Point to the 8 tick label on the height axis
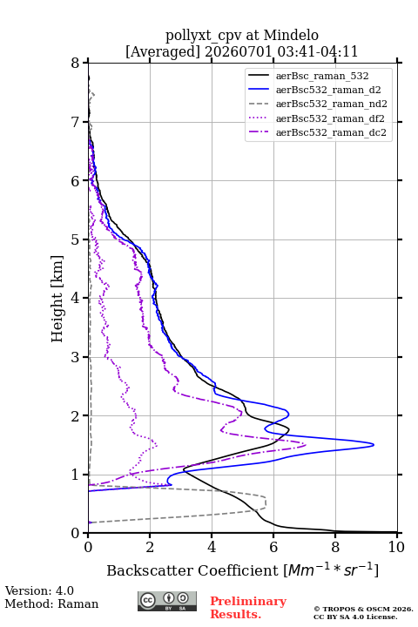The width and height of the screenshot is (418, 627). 76,64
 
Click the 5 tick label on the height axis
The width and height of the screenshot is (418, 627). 76,240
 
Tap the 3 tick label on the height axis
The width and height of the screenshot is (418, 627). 76,357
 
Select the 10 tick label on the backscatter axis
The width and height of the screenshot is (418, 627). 396,547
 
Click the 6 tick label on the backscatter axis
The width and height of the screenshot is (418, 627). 273,547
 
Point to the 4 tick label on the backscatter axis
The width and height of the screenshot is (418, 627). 212,547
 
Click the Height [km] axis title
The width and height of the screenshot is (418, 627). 57,299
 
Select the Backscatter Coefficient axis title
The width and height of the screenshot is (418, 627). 242,570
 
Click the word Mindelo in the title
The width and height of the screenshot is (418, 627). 291,35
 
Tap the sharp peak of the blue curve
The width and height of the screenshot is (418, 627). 374,445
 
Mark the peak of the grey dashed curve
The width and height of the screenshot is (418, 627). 266,502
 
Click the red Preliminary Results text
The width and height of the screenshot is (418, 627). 248,608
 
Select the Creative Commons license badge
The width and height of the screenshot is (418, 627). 167,602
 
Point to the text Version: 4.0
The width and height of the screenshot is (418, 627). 39,590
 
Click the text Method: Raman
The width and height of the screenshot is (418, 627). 51,603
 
